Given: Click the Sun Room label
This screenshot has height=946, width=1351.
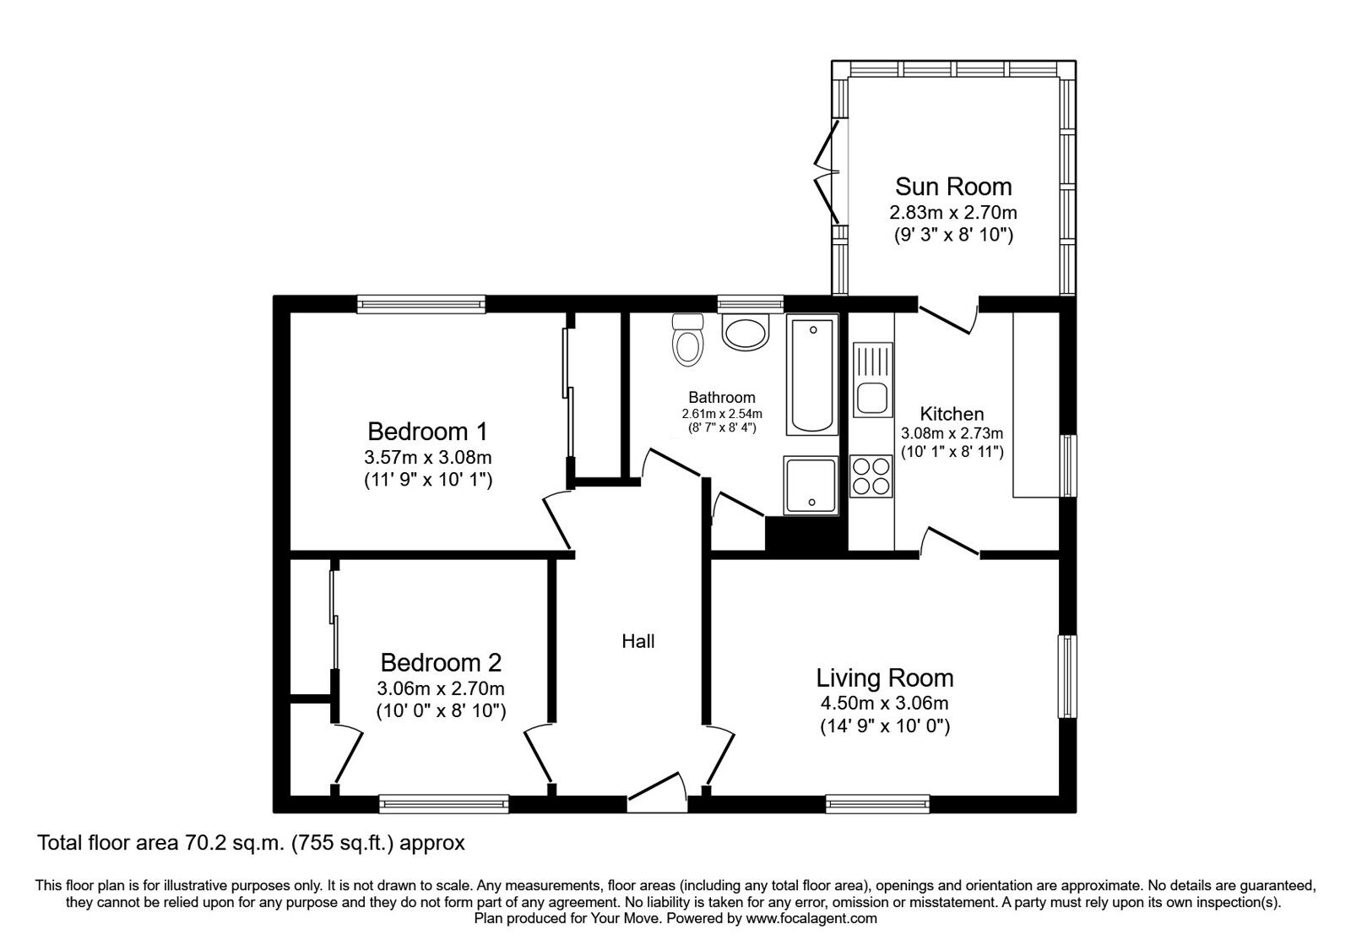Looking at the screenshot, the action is pyautogui.click(x=953, y=187).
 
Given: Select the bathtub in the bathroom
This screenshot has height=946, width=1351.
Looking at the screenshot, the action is pyautogui.click(x=811, y=374).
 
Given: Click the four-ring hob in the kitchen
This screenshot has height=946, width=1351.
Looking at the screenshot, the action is pyautogui.click(x=871, y=476).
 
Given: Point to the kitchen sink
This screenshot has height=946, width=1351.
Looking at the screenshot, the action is pyautogui.click(x=873, y=379).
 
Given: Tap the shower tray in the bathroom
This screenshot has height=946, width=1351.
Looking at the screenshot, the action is pyautogui.click(x=811, y=486).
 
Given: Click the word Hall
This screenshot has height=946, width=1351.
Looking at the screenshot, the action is pyautogui.click(x=638, y=641).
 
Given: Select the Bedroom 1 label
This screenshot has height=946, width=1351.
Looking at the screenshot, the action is pyautogui.click(x=427, y=432).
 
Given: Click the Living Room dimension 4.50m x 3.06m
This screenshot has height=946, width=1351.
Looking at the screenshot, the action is pyautogui.click(x=884, y=703).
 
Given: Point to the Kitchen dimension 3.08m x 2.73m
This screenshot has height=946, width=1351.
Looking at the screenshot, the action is pyautogui.click(x=952, y=433).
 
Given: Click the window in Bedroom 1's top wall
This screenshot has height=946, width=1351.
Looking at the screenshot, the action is pyautogui.click(x=421, y=304).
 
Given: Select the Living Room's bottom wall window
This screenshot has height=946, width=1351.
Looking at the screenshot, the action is pyautogui.click(x=877, y=803).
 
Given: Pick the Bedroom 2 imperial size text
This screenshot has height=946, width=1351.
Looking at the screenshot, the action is pyautogui.click(x=441, y=711).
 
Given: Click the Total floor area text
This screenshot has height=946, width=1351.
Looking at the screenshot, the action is pyautogui.click(x=251, y=843).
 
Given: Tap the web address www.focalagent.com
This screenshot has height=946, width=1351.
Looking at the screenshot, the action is pyautogui.click(x=811, y=919).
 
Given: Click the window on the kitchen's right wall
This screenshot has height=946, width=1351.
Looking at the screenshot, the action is pyautogui.click(x=1068, y=465).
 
